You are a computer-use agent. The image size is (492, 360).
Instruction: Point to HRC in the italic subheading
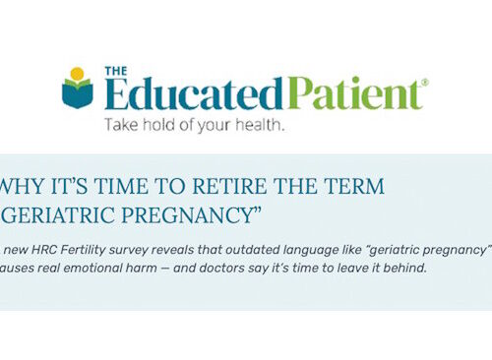(x=40, y=249)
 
